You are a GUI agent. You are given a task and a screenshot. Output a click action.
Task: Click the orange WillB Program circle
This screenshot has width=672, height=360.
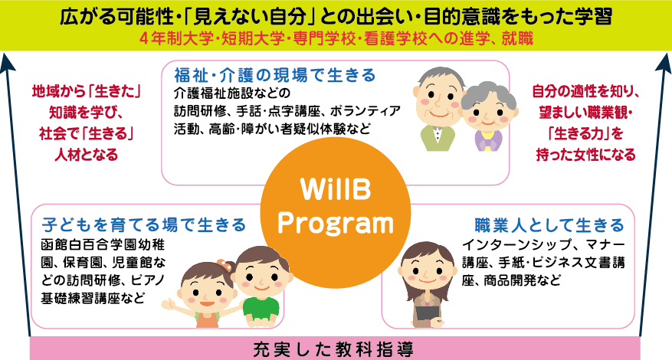pos(336,213)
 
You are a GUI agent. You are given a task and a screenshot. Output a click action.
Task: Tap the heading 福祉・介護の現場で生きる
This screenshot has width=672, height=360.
pos(275,75)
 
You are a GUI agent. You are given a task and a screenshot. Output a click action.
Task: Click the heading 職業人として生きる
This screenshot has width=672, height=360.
pos(549,225)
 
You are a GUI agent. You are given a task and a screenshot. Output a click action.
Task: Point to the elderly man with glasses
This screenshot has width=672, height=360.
pos(438,108)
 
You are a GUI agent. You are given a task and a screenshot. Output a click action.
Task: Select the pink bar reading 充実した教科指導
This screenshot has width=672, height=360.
pos(336,349)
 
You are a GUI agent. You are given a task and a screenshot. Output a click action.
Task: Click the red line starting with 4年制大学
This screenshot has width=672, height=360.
pos(336,39)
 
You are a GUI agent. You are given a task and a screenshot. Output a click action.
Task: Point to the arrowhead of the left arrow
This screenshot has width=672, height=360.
pos(8,62)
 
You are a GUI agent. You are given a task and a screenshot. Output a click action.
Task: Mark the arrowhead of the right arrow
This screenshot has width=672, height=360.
pos(664,62)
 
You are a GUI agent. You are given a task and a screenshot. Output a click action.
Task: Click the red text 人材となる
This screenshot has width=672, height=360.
pos(86,154)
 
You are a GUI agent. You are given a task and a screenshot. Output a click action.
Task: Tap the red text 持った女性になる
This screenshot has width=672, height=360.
pos(586,154)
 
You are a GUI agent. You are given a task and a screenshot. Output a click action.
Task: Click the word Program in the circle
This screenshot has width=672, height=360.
pos(336,224)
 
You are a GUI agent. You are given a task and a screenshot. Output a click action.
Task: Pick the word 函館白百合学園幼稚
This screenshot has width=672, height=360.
pos(103,244)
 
